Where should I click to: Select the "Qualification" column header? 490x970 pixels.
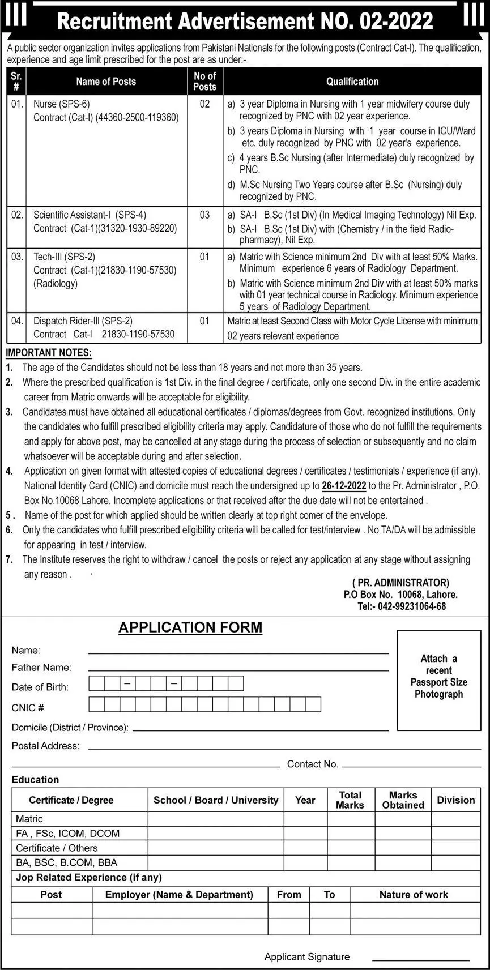coord(352,82)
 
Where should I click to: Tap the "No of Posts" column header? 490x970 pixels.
coord(204,82)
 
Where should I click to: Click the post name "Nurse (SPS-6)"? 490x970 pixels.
coord(61,104)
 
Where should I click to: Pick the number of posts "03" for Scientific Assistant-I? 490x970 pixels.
coord(204,215)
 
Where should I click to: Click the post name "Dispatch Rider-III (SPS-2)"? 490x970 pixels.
coord(83,321)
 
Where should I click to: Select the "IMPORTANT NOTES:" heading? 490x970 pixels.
coord(48,353)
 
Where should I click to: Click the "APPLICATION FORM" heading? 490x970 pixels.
coord(190,627)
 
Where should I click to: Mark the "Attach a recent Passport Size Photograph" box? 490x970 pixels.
coord(438,680)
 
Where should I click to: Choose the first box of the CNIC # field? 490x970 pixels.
coord(97,704)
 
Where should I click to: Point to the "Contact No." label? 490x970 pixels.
coord(313,764)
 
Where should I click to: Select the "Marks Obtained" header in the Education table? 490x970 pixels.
coord(403,800)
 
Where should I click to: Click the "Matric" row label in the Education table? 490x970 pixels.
coord(29,819)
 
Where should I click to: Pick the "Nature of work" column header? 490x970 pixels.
coord(414,895)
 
